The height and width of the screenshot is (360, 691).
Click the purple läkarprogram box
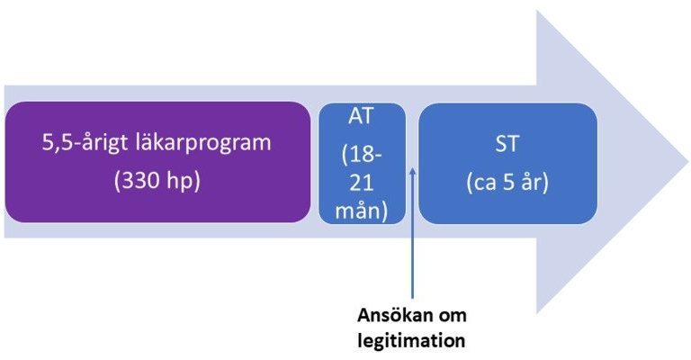157,162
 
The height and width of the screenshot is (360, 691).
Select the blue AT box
362,164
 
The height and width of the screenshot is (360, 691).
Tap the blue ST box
507,164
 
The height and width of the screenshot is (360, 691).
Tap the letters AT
362,116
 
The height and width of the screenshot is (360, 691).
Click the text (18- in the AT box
362,155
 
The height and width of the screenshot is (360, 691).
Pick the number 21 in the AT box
362,183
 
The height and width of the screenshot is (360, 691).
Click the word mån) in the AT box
362,211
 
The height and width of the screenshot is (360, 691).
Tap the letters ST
507,144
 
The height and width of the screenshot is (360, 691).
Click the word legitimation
411,340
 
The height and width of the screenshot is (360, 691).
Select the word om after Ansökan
451,317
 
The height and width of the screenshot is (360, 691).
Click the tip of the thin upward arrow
413,167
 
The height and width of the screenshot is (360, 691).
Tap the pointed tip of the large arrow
688,162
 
